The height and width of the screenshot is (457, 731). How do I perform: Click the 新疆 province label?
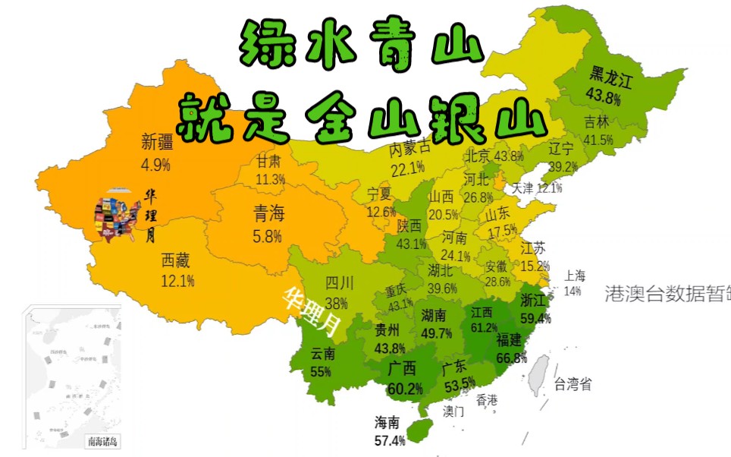[x=157, y=141]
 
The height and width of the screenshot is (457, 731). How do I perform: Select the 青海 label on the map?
[x=270, y=215]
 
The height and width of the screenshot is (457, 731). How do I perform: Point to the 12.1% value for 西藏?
[x=177, y=281]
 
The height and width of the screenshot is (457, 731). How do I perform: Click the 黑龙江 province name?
[x=611, y=74]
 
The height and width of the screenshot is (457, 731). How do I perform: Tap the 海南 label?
[x=391, y=422]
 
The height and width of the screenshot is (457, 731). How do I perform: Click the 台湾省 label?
[x=573, y=384]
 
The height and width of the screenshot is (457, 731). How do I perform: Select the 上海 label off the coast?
[x=575, y=276]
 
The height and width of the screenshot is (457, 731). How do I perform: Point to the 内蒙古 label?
[x=410, y=147]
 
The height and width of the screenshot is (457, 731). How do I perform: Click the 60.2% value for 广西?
[x=403, y=389]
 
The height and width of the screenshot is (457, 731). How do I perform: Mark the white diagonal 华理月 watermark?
[x=312, y=311]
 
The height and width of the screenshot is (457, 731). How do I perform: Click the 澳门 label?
[x=453, y=411]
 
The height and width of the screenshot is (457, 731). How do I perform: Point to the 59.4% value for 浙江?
[x=535, y=318]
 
